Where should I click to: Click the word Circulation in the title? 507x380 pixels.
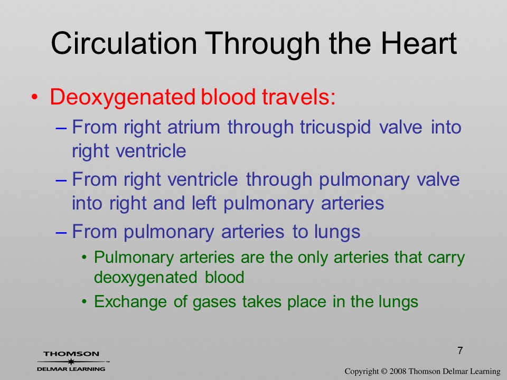pyautogui.click(x=124, y=43)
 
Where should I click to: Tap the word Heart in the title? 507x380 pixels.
pyautogui.click(x=419, y=43)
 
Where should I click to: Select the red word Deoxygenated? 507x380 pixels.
pyautogui.click(x=123, y=98)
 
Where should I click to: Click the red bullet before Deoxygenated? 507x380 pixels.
pyautogui.click(x=35, y=97)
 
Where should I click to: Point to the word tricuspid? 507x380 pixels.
pyautogui.click(x=335, y=128)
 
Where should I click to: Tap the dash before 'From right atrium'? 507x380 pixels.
pyautogui.click(x=61, y=128)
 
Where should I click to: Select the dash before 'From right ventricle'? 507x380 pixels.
pyautogui.click(x=61, y=180)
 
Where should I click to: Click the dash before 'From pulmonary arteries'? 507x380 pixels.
pyautogui.click(x=61, y=233)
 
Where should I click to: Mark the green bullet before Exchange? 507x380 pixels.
pyautogui.click(x=84, y=302)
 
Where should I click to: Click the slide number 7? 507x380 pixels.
pyautogui.click(x=460, y=350)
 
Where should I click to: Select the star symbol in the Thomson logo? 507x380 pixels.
pyautogui.click(x=70, y=361)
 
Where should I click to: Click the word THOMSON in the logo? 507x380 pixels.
pyautogui.click(x=71, y=354)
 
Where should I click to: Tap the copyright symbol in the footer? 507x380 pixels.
pyautogui.click(x=384, y=372)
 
